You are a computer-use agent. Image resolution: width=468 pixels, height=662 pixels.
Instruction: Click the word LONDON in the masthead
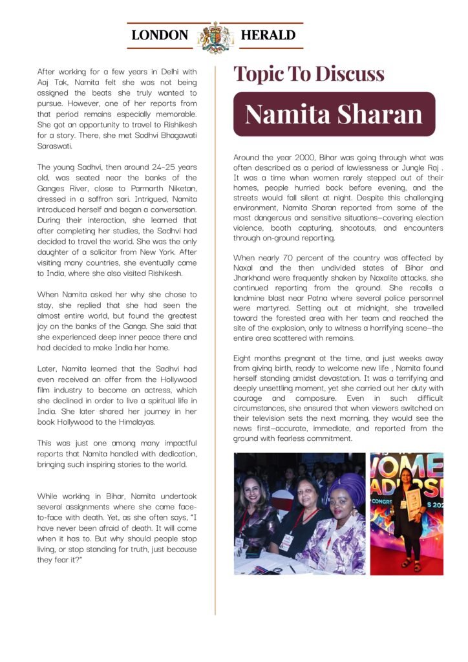160,36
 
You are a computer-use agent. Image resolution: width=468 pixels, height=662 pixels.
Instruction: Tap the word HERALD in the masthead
267,36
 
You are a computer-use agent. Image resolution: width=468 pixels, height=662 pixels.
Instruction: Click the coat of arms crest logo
215,37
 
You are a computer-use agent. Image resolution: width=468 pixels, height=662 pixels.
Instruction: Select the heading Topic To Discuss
308,74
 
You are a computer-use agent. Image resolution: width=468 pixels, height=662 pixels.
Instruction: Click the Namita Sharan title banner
334,114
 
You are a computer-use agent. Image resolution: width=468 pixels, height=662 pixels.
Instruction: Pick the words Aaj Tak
47,83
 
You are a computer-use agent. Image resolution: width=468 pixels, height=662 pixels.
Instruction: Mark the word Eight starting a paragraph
244,358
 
